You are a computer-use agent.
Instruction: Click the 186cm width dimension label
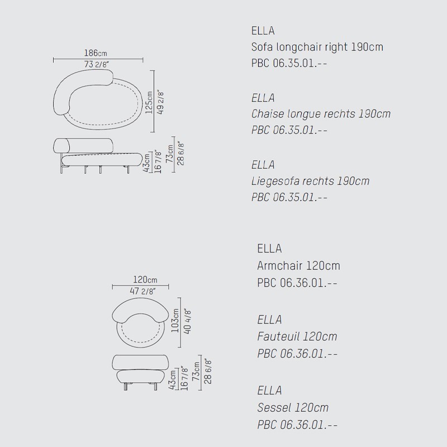point(96,53)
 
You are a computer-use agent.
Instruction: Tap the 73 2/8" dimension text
point(97,64)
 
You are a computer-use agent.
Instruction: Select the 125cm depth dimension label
point(149,102)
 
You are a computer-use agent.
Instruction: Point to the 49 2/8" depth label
point(160,103)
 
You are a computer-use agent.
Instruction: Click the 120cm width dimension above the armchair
point(145,279)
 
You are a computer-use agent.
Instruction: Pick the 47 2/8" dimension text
point(143,291)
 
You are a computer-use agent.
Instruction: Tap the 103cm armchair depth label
point(175,320)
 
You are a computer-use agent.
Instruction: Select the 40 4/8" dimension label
point(187,321)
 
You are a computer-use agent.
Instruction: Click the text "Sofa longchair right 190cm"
point(317,47)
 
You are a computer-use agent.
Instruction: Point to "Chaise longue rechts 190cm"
point(321,114)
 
